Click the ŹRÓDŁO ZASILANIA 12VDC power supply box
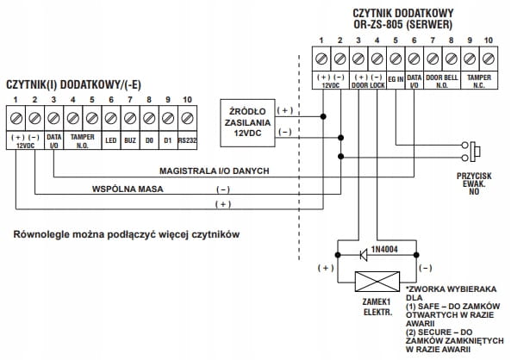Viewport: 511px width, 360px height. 247,123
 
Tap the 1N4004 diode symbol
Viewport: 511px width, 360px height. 364,255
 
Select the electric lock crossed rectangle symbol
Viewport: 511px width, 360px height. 377,282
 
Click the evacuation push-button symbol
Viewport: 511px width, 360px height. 472,152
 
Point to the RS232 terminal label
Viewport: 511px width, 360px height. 187,140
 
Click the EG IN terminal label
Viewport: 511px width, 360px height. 396,79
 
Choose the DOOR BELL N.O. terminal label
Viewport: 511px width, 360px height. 442,81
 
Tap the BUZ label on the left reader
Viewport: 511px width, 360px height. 130,140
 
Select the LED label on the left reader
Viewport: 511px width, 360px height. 111,140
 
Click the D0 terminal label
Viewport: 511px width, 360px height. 149,140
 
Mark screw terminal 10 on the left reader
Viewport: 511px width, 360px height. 187,118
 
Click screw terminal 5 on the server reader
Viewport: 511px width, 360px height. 396,59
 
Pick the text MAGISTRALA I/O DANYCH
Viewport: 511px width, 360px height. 214,171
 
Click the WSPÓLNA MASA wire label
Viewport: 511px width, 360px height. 128,189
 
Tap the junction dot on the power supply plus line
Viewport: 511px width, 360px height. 323,116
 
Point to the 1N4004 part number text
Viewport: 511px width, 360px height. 384,250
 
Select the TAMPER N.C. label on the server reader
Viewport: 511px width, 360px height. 479,81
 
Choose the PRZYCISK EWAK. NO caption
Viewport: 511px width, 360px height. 474,184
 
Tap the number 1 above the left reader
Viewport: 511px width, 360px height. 16,100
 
